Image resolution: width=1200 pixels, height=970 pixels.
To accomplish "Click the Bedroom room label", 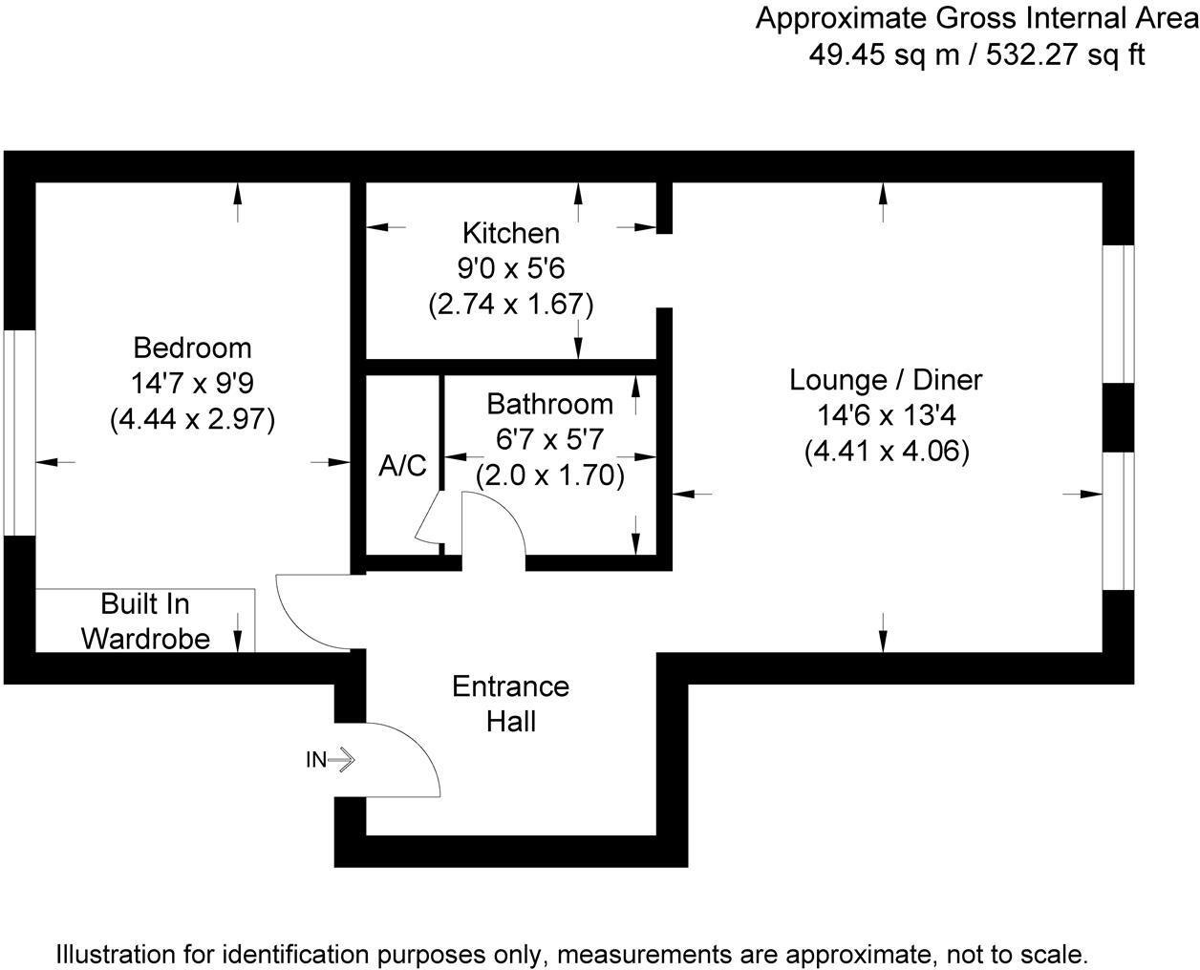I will click(x=192, y=348).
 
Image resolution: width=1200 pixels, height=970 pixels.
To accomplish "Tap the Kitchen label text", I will click(x=511, y=233).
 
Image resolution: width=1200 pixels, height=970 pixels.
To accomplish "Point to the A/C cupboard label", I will click(x=403, y=467).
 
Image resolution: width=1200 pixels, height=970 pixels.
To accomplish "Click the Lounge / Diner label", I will click(x=886, y=380).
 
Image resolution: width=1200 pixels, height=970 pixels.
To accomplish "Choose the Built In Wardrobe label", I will click(x=145, y=621).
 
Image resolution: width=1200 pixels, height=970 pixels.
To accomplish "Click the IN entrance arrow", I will click(x=331, y=760).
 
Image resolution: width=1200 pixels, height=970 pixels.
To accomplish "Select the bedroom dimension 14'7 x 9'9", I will click(x=192, y=384).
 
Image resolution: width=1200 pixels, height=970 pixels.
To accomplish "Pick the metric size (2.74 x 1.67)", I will click(x=511, y=305).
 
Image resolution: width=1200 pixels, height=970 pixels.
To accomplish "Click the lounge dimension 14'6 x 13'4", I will click(x=886, y=416).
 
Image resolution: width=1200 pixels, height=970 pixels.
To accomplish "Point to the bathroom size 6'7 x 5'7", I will click(x=549, y=440).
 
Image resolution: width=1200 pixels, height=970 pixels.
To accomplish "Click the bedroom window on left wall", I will click(x=19, y=432).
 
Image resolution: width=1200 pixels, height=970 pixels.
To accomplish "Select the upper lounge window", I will click(x=1119, y=314).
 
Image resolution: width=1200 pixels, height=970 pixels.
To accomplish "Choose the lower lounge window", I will click(x=1119, y=520).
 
